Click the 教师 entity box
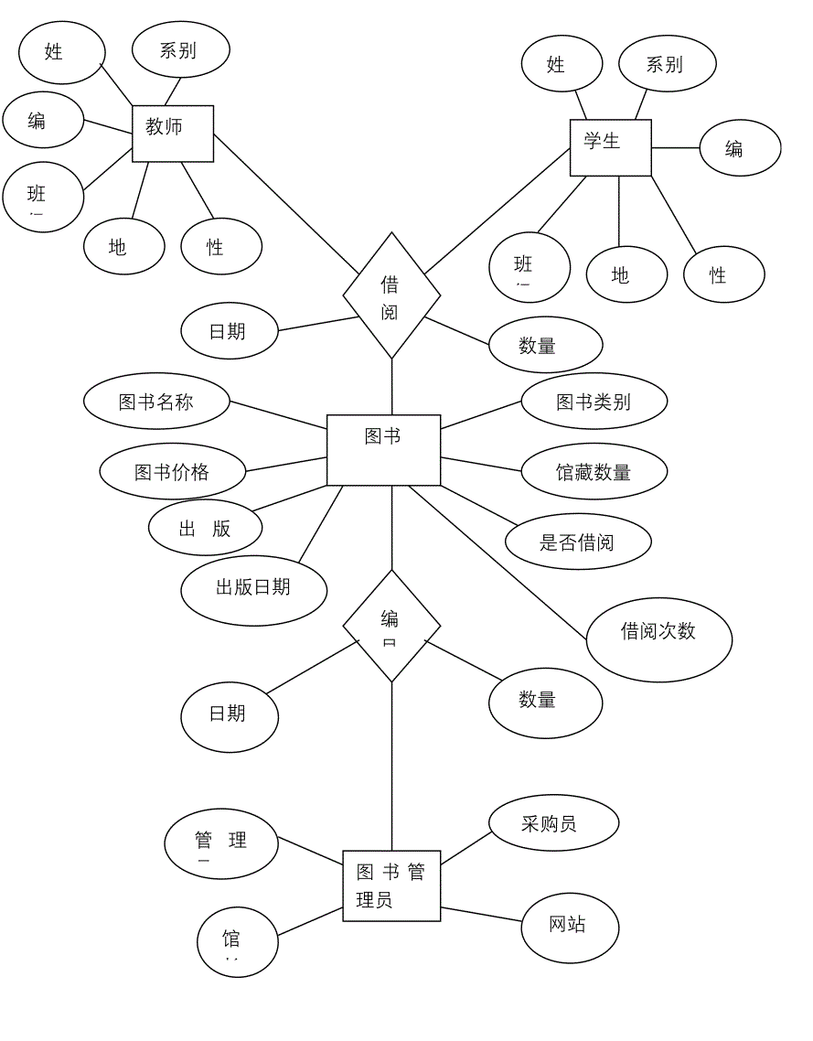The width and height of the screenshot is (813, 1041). click(173, 134)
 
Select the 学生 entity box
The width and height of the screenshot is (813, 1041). click(610, 147)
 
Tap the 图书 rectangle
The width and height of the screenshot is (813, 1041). click(383, 449)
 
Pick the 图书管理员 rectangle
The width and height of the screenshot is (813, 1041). click(391, 885)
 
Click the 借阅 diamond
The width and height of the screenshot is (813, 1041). click(391, 295)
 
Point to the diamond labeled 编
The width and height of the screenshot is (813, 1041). click(391, 627)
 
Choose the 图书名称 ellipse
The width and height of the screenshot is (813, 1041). click(156, 402)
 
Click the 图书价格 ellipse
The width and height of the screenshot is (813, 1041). click(172, 472)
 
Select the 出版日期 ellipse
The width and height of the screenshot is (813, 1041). click(253, 588)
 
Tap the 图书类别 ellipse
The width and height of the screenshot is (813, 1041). click(594, 402)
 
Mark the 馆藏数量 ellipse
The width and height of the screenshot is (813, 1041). click(594, 472)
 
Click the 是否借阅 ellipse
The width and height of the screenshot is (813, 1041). click(578, 542)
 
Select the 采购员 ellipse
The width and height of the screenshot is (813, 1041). click(553, 823)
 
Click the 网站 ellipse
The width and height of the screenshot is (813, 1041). click(570, 925)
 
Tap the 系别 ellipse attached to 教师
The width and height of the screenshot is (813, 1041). click(180, 50)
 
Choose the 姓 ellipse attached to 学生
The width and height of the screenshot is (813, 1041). click(562, 65)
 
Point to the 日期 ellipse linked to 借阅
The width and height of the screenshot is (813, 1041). click(230, 331)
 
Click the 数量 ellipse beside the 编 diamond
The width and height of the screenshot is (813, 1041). click(545, 702)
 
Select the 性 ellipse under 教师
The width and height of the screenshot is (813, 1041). click(220, 247)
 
